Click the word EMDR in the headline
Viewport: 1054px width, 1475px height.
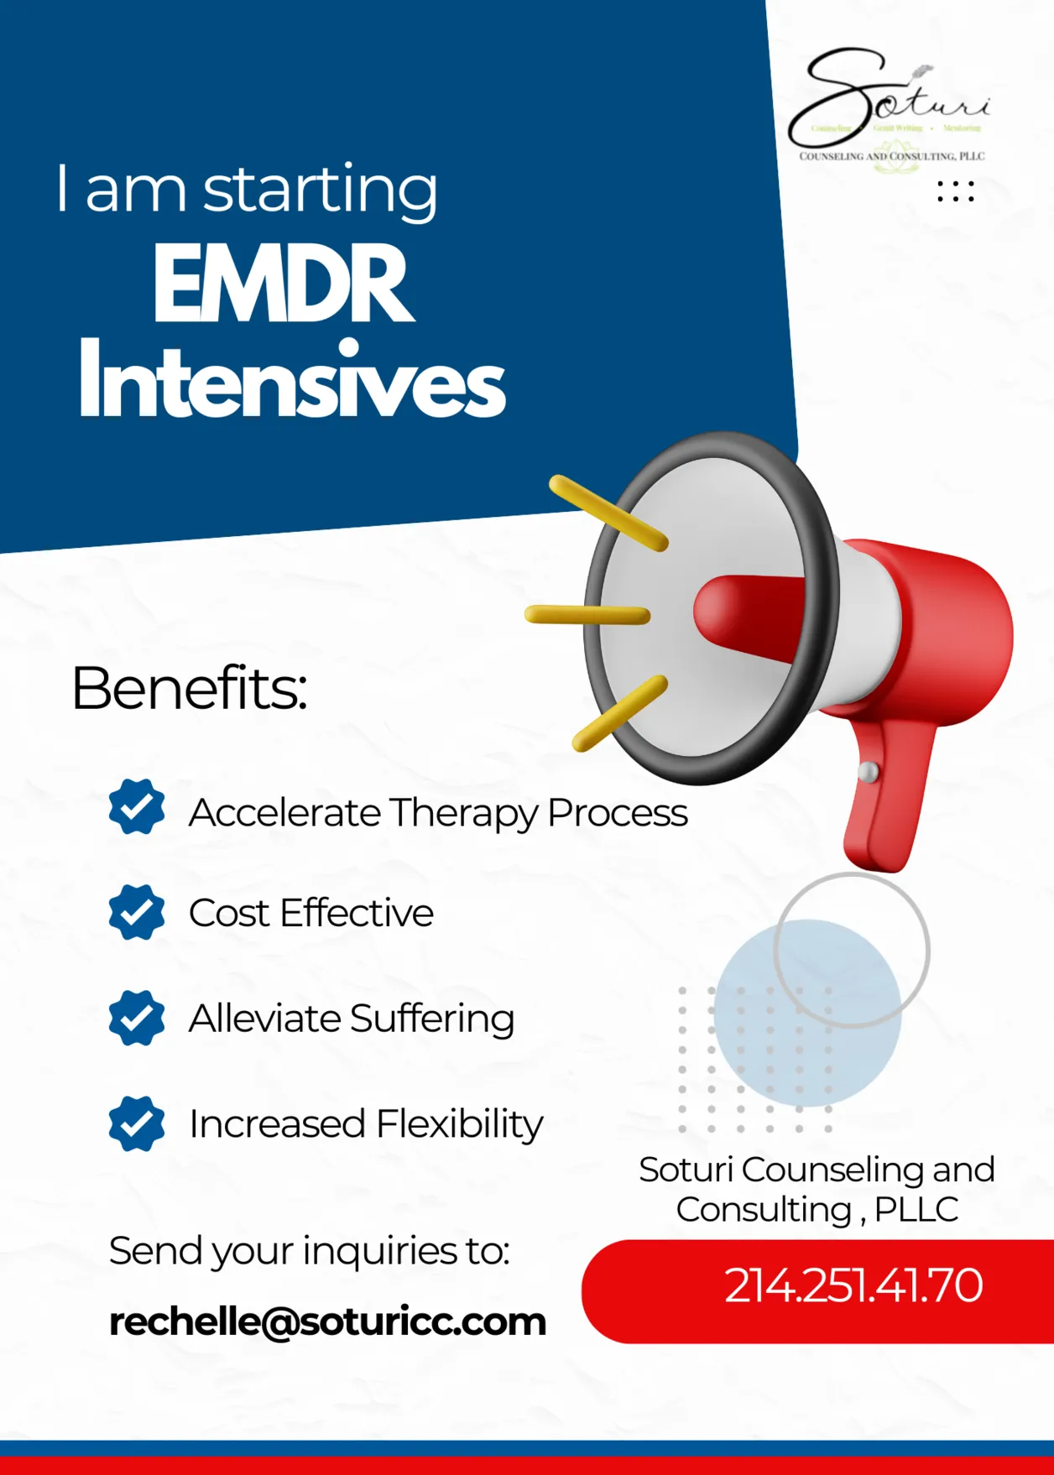(x=283, y=284)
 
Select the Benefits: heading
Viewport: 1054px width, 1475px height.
(x=190, y=689)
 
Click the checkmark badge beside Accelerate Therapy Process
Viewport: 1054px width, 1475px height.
(x=137, y=806)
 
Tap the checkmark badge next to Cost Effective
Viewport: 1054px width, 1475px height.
(x=137, y=912)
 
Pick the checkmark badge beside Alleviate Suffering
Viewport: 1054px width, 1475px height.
(x=137, y=1018)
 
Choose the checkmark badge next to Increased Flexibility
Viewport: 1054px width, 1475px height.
(x=137, y=1123)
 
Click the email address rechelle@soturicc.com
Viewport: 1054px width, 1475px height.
(x=327, y=1321)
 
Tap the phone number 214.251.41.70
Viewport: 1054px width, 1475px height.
(x=853, y=1285)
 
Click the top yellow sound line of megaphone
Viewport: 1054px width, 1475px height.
(x=608, y=513)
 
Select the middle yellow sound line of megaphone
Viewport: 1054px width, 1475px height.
(x=587, y=615)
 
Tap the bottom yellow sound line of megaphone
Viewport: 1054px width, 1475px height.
(x=619, y=714)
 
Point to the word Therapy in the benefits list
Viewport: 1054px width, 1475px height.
(x=463, y=812)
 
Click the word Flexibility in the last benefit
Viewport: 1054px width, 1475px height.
(x=460, y=1124)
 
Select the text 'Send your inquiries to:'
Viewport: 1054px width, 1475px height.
(x=309, y=1251)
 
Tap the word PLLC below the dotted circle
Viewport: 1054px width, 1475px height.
(x=916, y=1210)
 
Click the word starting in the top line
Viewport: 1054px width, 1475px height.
(x=320, y=190)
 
